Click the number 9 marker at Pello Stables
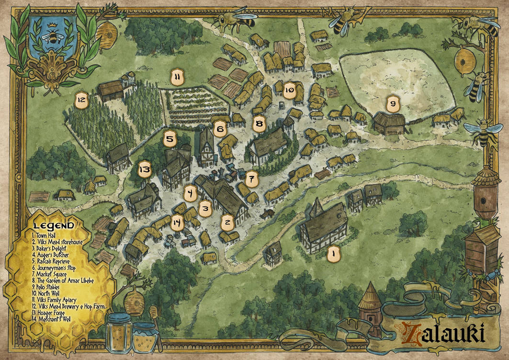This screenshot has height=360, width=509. (x=392, y=103)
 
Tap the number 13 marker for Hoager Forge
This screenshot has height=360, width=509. (x=144, y=169)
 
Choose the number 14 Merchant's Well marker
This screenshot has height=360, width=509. (x=177, y=223)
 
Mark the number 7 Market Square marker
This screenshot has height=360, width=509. (x=252, y=180)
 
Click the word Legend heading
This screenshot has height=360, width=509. (x=54, y=225)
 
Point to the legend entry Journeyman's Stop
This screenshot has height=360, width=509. (x=54, y=268)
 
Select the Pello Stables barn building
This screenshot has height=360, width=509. (x=388, y=123)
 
